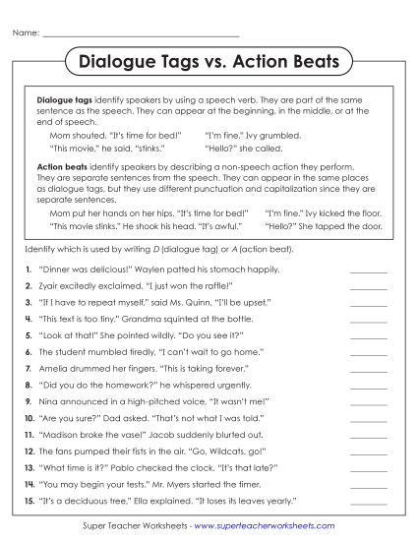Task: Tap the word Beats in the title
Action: (313, 62)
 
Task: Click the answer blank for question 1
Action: (368, 269)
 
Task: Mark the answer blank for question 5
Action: (368, 335)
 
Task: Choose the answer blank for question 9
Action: (368, 402)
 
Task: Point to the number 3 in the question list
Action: (29, 302)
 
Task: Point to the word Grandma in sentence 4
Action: (139, 319)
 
